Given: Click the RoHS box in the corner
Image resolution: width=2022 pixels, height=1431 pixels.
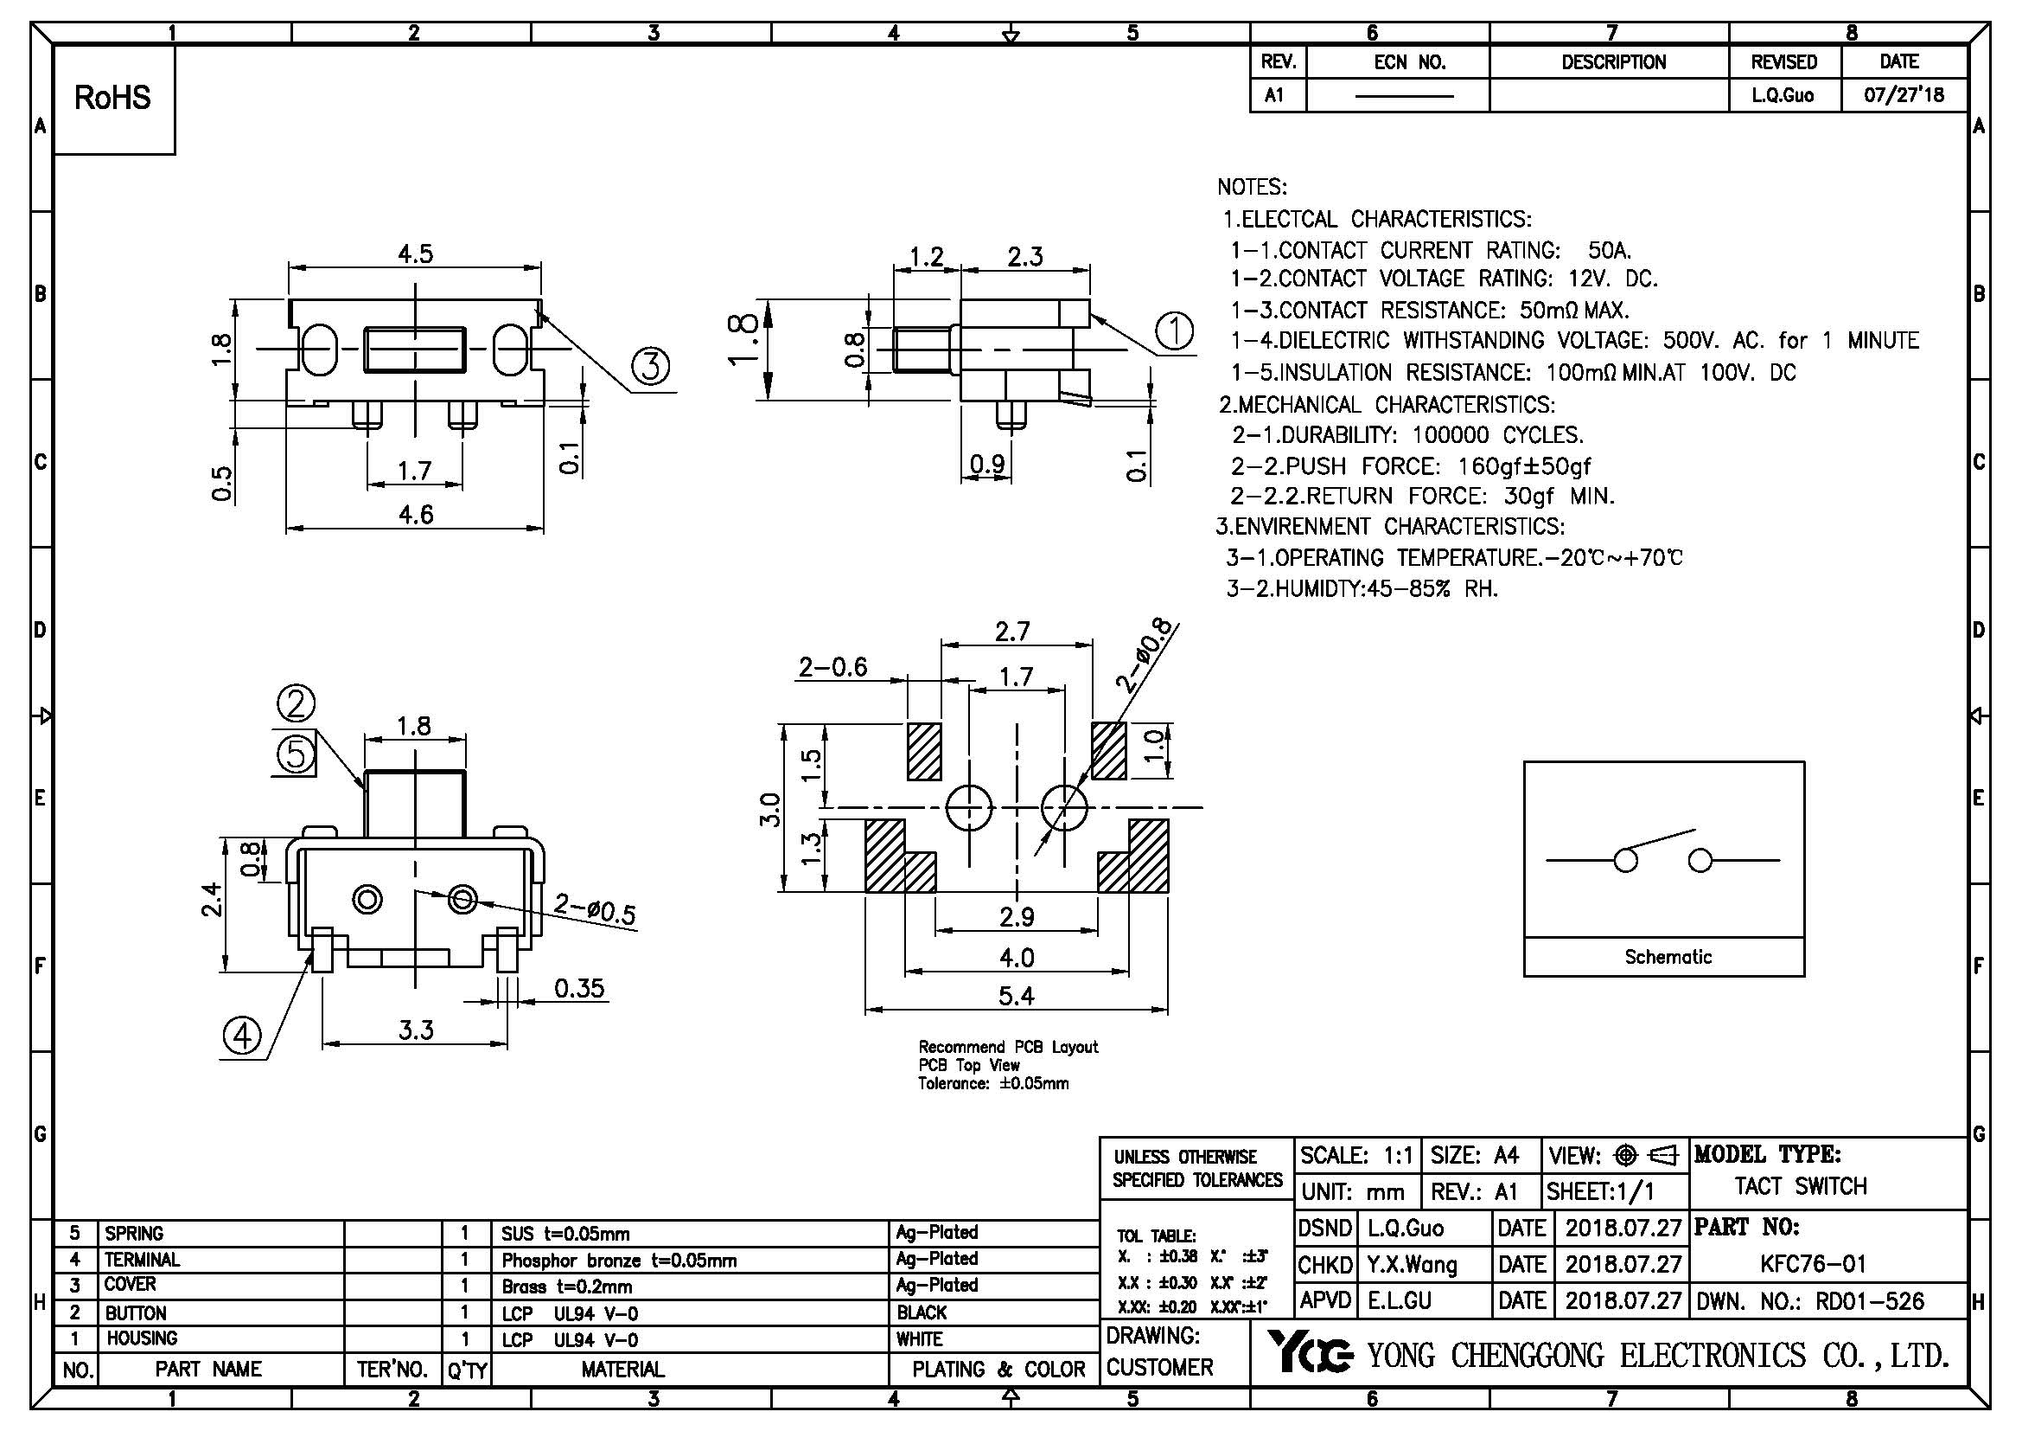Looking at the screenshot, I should click(x=112, y=99).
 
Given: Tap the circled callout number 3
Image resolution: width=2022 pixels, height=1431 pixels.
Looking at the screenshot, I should click(x=650, y=366).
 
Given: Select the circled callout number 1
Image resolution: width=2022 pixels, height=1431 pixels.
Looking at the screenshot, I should click(x=1174, y=332).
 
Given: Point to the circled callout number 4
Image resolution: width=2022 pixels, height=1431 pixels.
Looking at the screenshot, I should click(x=242, y=1036).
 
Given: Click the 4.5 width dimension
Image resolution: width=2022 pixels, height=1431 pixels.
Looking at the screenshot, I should click(x=415, y=253).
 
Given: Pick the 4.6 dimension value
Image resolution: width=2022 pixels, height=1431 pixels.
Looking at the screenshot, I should click(x=416, y=514).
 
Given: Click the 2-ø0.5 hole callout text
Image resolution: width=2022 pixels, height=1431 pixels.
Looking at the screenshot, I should click(x=595, y=909).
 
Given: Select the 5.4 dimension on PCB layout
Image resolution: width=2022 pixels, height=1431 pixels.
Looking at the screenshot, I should click(x=1017, y=997).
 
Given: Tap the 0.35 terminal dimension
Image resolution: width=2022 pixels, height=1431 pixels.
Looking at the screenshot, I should click(x=578, y=989).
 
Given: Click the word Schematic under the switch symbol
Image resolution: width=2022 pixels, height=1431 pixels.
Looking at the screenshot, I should click(x=1668, y=957).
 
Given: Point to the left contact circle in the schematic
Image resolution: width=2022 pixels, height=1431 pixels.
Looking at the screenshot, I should click(x=1626, y=860).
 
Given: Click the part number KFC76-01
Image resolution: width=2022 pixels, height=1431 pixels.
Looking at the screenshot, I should click(x=1814, y=1265).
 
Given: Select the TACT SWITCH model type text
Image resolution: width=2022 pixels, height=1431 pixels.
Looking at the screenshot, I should click(x=1800, y=1186).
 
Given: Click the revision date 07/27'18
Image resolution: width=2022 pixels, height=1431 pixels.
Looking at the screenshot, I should click(x=1904, y=95).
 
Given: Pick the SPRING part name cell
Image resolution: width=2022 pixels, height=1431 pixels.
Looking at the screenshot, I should click(x=135, y=1233).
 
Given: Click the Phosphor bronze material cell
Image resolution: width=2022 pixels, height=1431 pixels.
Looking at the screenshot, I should click(x=619, y=1260).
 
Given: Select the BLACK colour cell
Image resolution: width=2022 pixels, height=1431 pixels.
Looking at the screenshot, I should click(x=922, y=1313).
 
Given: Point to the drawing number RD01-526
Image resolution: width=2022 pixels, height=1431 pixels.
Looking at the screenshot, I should click(x=1869, y=1301).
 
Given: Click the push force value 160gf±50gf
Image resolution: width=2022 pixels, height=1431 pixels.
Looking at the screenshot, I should click(x=1523, y=465).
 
